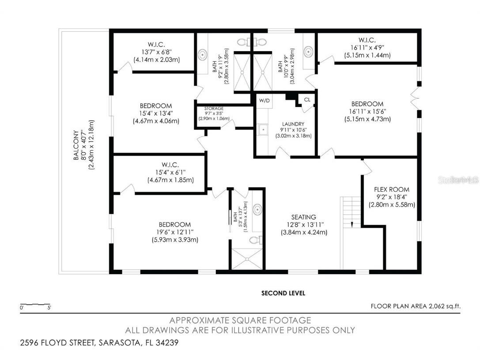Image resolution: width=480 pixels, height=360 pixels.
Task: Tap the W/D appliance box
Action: click(x=265, y=101)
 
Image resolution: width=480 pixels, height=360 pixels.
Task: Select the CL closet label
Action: click(x=307, y=100)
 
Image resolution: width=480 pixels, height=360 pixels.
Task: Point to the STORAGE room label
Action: click(x=214, y=108)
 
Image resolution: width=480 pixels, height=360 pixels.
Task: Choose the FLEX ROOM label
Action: click(x=392, y=189)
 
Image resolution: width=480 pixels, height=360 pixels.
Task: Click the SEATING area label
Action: click(x=303, y=217)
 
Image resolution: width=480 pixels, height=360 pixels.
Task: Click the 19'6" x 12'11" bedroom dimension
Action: click(x=172, y=232)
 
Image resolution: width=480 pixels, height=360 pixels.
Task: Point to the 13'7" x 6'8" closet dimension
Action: click(x=157, y=52)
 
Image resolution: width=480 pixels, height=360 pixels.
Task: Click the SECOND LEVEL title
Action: click(x=283, y=293)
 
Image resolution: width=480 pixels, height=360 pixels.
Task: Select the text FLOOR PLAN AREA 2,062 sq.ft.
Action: click(x=415, y=305)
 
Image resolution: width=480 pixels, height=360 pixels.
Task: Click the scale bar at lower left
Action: click(x=35, y=305)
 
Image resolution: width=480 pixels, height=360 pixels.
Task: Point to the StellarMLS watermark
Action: click(x=461, y=180)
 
